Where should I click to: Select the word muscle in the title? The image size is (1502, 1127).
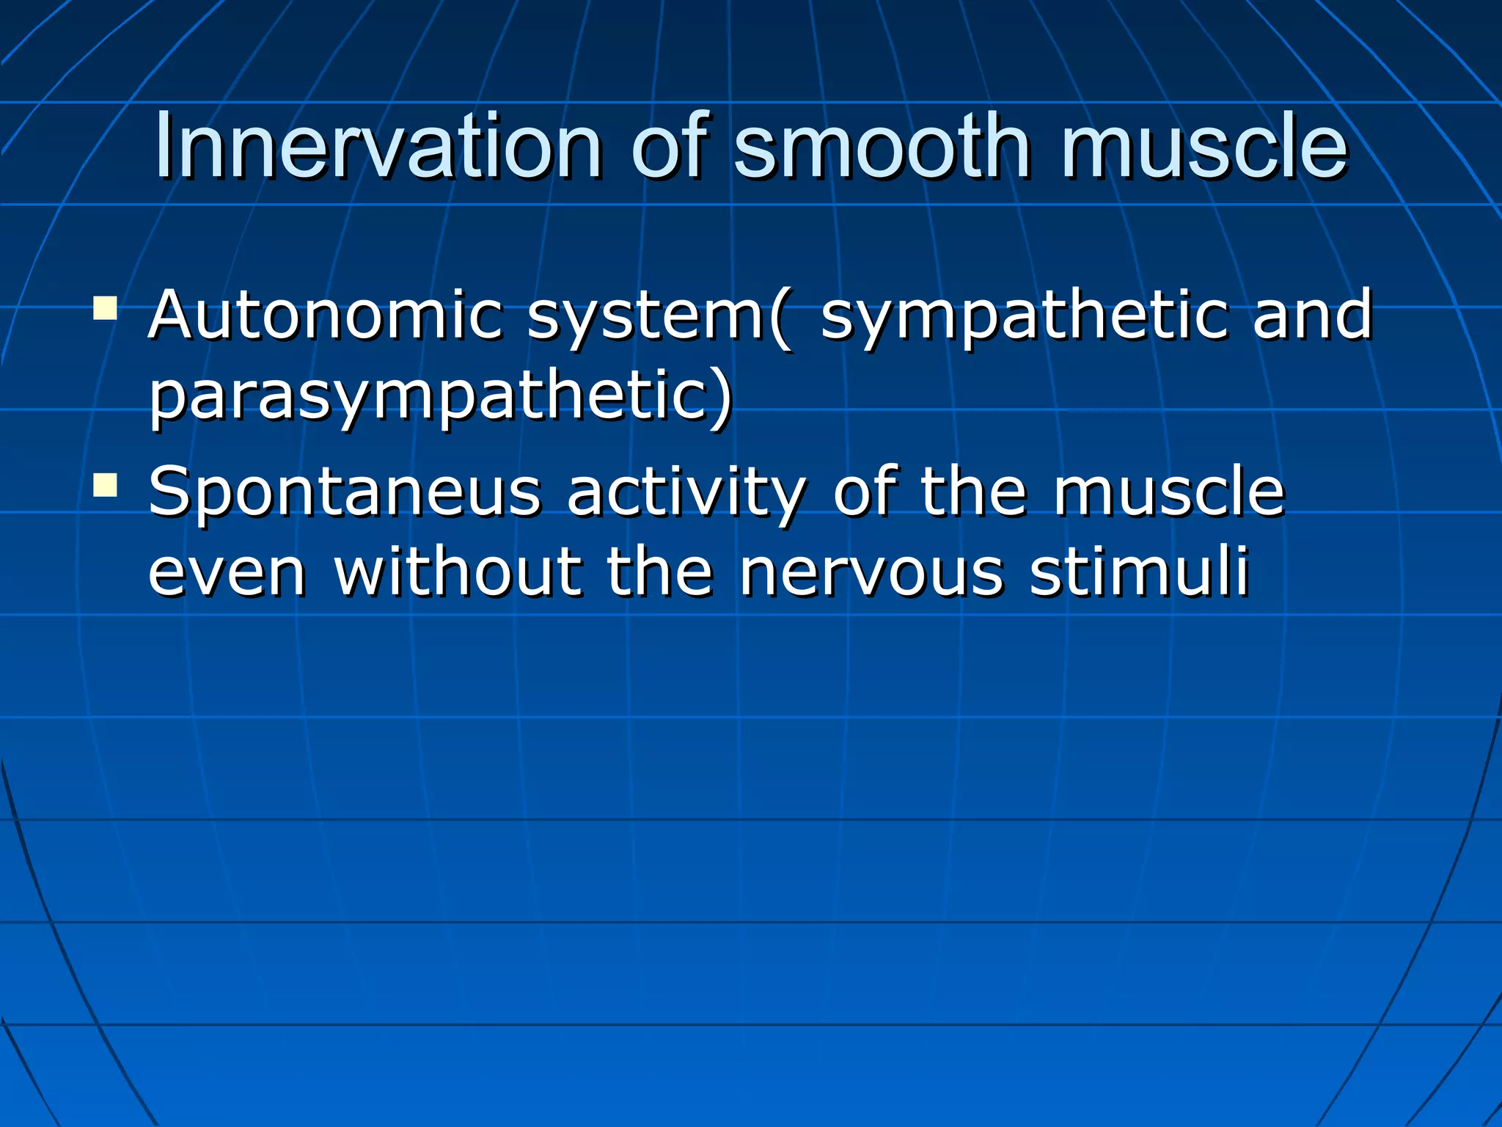(1204, 147)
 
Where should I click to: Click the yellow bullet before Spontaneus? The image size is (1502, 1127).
(106, 485)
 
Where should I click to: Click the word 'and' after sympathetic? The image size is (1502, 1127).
(1312, 316)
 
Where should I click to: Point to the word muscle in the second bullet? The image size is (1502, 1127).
(1169, 492)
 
